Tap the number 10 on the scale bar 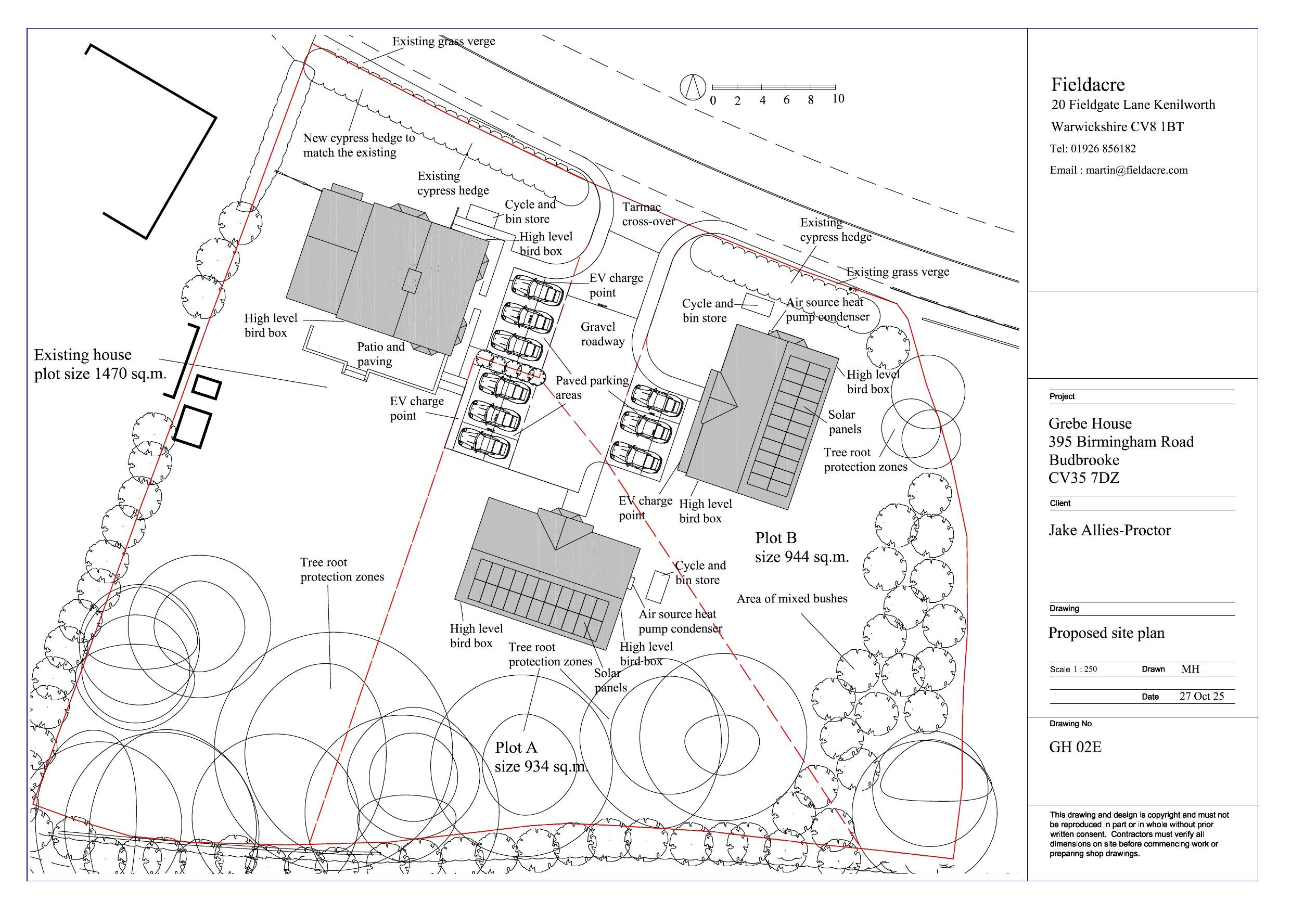[838, 99]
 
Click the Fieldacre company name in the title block [1088, 85]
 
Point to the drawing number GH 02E [1075, 747]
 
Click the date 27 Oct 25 [1201, 696]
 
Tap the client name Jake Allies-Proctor [1110, 530]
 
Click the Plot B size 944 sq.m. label [802, 547]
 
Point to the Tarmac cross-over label [648, 214]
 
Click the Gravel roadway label [602, 334]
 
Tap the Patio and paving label [381, 354]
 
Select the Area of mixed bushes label [791, 599]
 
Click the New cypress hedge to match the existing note [359, 145]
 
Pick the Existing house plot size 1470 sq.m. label [100, 364]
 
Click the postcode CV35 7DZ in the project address [1083, 478]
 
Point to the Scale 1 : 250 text [1073, 669]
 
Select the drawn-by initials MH [1191, 669]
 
